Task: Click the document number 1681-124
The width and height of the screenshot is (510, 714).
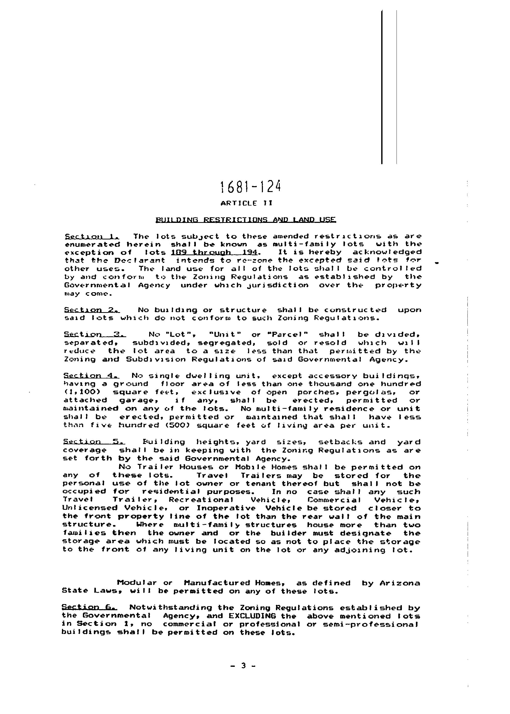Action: [250, 187]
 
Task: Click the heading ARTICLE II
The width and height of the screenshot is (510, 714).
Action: [247, 203]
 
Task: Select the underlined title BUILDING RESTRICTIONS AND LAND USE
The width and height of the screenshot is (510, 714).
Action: [246, 220]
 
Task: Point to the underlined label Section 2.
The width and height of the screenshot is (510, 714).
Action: [92, 310]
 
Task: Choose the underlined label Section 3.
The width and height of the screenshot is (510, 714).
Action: [95, 334]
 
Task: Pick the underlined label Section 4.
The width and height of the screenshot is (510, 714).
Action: [91, 376]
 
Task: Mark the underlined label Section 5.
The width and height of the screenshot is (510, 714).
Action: [94, 442]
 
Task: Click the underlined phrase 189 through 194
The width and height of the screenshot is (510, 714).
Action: [214, 252]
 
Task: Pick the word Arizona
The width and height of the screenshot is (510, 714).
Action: [400, 583]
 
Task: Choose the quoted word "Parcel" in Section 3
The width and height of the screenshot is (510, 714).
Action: [291, 334]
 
